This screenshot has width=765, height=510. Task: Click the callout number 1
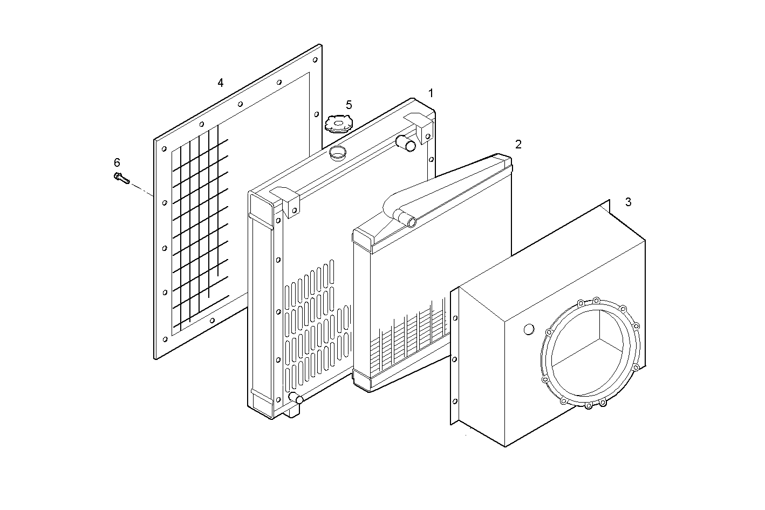click(431, 93)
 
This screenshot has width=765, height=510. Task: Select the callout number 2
click(518, 144)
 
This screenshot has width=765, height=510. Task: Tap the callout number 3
click(628, 202)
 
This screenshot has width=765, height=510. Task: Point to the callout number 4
click(220, 83)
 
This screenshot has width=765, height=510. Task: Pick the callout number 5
click(349, 105)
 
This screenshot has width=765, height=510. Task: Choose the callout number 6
click(117, 162)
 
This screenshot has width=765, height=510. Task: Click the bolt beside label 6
click(121, 178)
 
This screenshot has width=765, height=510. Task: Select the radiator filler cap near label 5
click(338, 124)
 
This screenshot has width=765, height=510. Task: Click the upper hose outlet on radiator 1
click(406, 144)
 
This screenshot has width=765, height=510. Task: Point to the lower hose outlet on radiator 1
click(296, 399)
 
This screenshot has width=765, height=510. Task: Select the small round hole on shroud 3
click(529, 329)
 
